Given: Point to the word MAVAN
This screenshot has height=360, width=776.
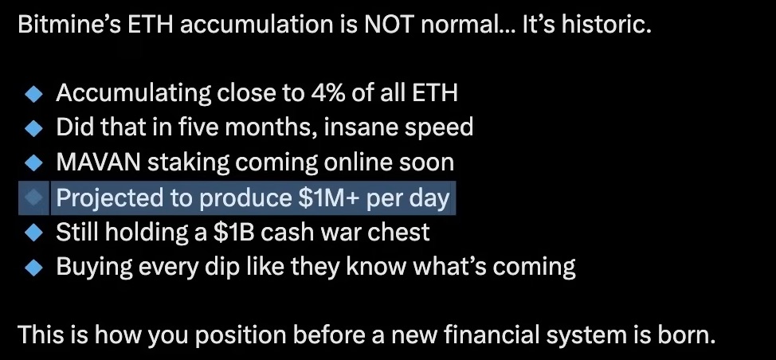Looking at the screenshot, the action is tap(99, 162).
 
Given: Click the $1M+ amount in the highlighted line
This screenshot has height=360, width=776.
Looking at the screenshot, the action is tap(330, 198).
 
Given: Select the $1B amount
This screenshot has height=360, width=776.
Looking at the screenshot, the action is tap(234, 232).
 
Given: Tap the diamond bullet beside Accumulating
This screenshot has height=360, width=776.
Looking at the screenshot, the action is tap(33, 93).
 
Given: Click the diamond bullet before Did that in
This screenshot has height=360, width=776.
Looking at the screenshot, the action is tap(33, 128).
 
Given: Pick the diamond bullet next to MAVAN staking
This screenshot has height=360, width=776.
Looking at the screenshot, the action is tap(33, 162).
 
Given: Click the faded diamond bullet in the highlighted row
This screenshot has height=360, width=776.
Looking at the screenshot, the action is tap(33, 198).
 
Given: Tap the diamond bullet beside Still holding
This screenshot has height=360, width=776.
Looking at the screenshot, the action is tap(33, 233).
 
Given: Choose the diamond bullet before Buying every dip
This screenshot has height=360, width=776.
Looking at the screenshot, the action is tap(33, 267).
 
